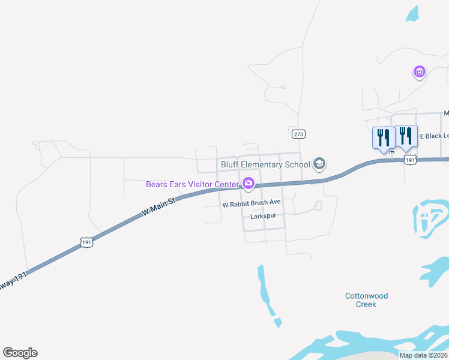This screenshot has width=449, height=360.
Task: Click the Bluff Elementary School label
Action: point(265,164)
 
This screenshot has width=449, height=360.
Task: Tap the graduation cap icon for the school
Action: point(319,163)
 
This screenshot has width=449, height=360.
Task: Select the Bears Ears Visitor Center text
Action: point(192,184)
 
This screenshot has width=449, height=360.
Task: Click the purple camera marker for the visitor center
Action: point(248,183)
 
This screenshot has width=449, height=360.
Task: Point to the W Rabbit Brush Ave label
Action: point(252,204)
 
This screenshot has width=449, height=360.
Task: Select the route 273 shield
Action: point(299,134)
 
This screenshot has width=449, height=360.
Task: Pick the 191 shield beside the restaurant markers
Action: point(410,160)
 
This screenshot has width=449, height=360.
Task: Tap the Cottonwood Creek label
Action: point(366,300)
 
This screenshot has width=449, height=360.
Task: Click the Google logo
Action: point(20,353)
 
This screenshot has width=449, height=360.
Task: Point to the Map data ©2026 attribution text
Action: point(424,355)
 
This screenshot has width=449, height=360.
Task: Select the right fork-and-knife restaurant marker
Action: point(406,137)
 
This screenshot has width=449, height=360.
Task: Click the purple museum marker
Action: point(420,73)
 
